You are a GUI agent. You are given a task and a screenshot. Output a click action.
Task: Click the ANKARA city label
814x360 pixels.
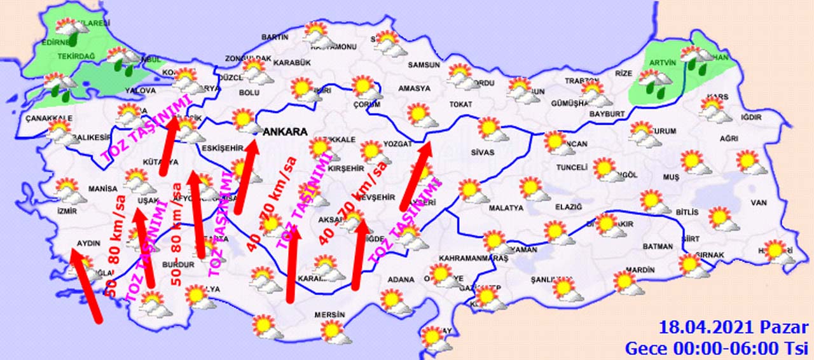[x=286, y=132]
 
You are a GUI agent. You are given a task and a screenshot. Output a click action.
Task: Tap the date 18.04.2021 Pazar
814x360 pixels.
[x=733, y=328]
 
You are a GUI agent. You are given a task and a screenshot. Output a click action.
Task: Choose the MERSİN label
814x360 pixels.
[x=329, y=315]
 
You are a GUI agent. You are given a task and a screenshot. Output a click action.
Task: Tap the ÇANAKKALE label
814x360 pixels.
[x=49, y=118]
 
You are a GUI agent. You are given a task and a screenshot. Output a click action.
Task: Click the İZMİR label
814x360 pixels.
[x=67, y=211]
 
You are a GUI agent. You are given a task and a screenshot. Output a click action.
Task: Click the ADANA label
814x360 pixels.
[x=401, y=279]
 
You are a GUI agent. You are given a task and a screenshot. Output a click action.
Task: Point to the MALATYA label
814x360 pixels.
[x=506, y=208]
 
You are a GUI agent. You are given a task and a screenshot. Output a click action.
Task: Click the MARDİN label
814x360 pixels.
[x=640, y=270]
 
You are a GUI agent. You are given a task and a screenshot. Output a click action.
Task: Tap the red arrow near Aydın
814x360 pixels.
[x=86, y=286]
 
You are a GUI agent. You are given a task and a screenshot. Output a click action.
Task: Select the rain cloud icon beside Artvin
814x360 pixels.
[x=656, y=83]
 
